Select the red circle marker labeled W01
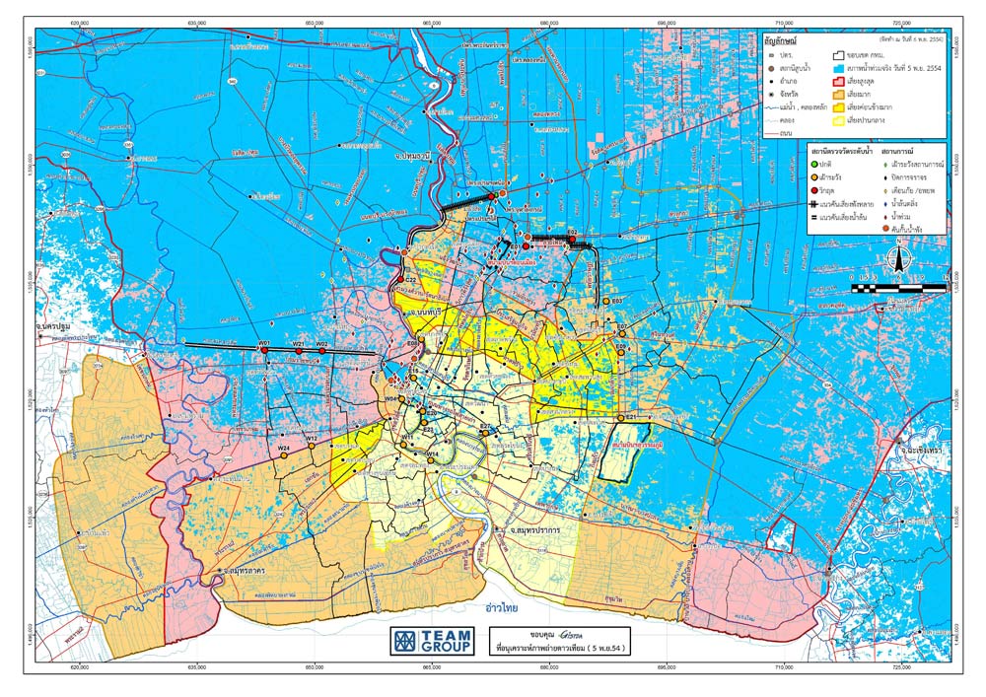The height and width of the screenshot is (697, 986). pyautogui.click(x=264, y=350)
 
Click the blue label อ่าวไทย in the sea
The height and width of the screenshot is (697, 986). pyautogui.click(x=498, y=608)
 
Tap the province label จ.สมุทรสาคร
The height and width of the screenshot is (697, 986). pyautogui.click(x=247, y=571)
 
